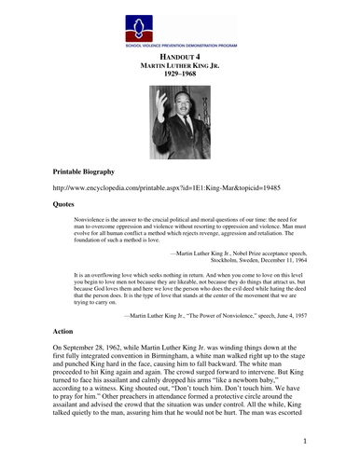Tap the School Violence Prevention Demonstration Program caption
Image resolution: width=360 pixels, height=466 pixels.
[x=180, y=45]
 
